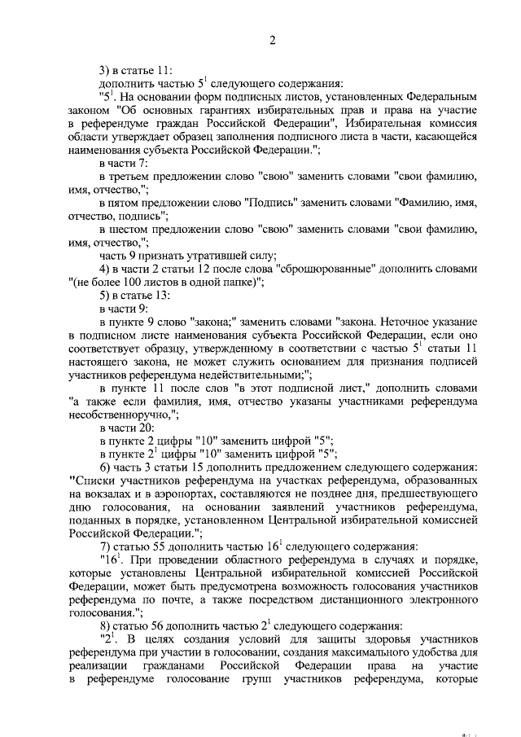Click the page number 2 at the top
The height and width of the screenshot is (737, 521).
pos(274,41)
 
